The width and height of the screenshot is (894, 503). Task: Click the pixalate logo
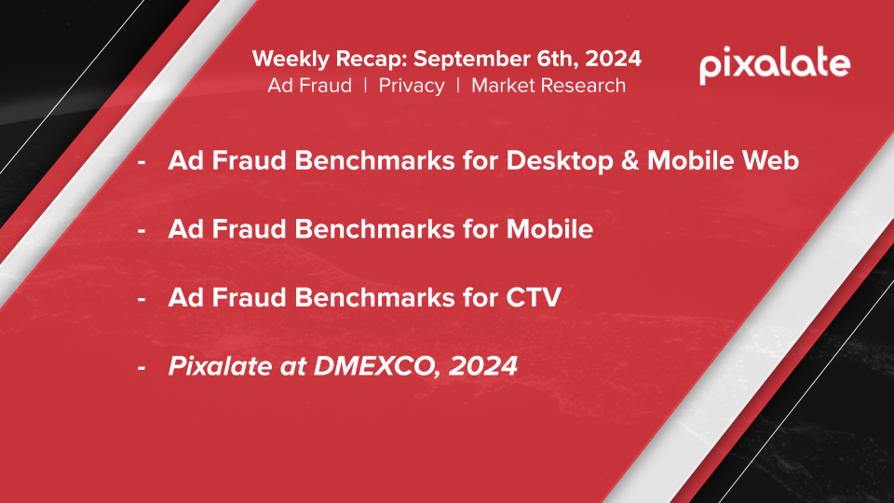pos(775,64)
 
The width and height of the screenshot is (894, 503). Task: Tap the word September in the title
pos(471,60)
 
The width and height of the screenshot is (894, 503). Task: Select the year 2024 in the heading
pos(613,59)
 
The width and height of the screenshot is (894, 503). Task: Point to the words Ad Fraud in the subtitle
pos(309,86)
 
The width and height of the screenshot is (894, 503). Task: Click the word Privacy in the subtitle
pos(412,86)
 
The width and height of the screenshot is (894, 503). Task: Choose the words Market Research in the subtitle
pos(549,86)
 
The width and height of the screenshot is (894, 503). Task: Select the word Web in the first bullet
pos(770,160)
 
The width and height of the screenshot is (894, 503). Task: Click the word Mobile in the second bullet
pos(549,229)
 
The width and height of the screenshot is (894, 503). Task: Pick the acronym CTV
pos(534,297)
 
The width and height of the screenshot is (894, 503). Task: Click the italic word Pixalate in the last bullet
pos(220,365)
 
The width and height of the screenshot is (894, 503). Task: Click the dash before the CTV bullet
pos(142,299)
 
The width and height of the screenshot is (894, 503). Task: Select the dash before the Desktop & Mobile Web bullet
pos(142,162)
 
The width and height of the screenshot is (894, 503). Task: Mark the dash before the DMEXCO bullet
pos(142,368)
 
